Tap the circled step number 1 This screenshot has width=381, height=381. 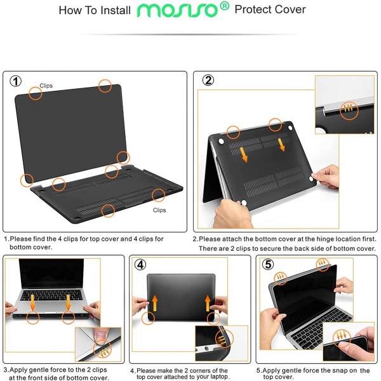17,81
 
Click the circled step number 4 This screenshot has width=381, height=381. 140,264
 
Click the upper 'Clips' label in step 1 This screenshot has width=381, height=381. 46,85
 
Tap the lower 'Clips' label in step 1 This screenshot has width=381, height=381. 159,210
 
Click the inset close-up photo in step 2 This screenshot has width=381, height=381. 345,105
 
